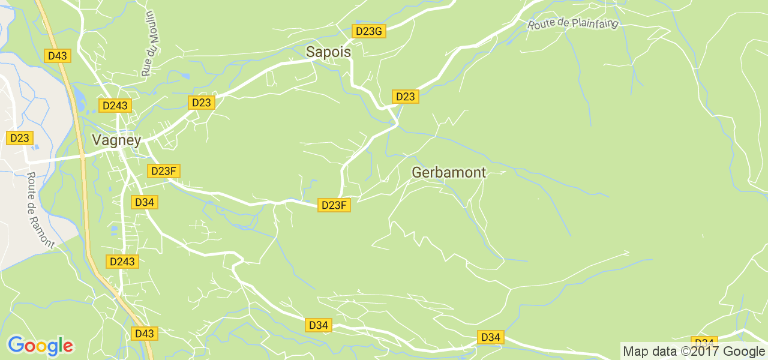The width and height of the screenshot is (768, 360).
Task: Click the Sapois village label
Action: [328, 52]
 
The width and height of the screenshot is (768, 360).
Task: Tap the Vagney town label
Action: [116, 140]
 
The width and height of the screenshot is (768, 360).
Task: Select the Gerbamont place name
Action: [449, 173]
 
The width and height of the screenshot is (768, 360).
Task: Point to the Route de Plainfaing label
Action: [572, 24]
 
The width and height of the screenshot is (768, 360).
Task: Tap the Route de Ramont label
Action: [40, 211]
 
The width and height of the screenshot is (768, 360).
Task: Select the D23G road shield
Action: [368, 31]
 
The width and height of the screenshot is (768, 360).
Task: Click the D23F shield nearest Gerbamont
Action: [334, 205]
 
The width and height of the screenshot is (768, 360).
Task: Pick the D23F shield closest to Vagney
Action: [163, 171]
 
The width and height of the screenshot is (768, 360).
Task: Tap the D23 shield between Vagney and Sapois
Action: [202, 103]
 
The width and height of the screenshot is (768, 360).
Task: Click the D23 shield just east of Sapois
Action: [405, 97]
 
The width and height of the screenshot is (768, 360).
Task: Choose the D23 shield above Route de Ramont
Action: [20, 138]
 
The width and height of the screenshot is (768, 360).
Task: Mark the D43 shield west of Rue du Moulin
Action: [58, 56]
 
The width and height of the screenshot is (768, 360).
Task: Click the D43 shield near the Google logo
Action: [144, 334]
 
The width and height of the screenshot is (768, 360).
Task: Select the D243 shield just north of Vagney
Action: [115, 106]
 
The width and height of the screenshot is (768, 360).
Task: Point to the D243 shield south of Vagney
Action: [122, 262]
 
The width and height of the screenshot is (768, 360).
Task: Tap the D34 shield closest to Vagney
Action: [145, 202]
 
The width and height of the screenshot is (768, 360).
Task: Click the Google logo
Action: [40, 346]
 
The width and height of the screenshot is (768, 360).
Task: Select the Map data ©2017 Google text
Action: [694, 352]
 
